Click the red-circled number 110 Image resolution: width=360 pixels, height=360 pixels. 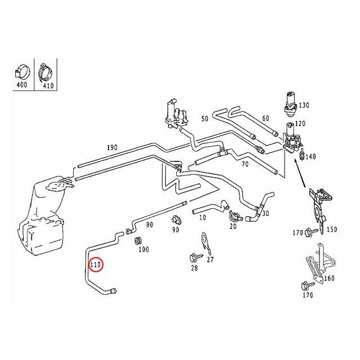pos(96,264)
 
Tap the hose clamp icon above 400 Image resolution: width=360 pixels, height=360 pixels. pos(22,72)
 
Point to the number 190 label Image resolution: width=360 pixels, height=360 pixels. pos(112,148)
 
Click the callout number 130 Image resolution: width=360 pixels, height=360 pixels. pos(304,106)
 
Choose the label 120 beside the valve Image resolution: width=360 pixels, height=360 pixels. pos(300,123)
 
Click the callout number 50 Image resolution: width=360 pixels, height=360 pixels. pos(205,119)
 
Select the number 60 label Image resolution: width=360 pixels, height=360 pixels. pos(265,118)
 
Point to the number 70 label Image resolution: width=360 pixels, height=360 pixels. pos(245,164)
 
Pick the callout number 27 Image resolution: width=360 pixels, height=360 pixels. pos(210,259)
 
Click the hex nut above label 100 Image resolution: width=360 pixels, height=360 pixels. pos(136,241)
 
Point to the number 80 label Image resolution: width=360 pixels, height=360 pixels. pos(150,225)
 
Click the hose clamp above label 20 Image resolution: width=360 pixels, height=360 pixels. pos(233,214)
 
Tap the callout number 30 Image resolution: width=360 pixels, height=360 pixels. pos(265,213)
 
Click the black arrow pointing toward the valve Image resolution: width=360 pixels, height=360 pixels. pos(299,178)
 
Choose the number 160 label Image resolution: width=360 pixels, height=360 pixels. pos(330,278)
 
